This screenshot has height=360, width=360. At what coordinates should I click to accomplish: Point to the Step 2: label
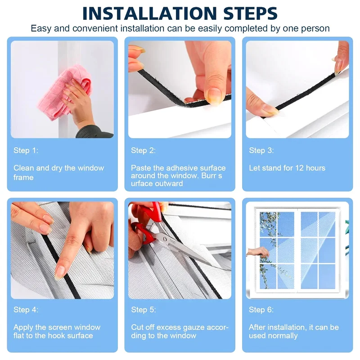point(143,150)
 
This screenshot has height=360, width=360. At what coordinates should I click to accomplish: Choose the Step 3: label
point(261,150)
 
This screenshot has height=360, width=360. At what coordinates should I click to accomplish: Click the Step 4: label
point(26,310)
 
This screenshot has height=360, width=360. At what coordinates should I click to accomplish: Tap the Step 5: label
point(144,310)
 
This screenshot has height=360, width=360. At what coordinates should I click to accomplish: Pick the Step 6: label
point(261,310)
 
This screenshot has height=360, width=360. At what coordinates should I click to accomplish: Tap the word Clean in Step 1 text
point(23,168)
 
